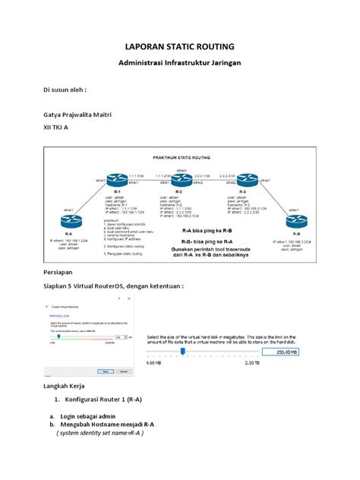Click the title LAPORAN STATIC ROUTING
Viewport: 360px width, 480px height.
point(179,48)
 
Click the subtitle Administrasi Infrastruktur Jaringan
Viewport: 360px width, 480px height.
point(179,65)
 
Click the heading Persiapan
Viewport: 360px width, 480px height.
point(58,270)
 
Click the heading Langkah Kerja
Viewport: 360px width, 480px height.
point(67,387)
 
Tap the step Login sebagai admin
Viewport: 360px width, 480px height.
point(88,416)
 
